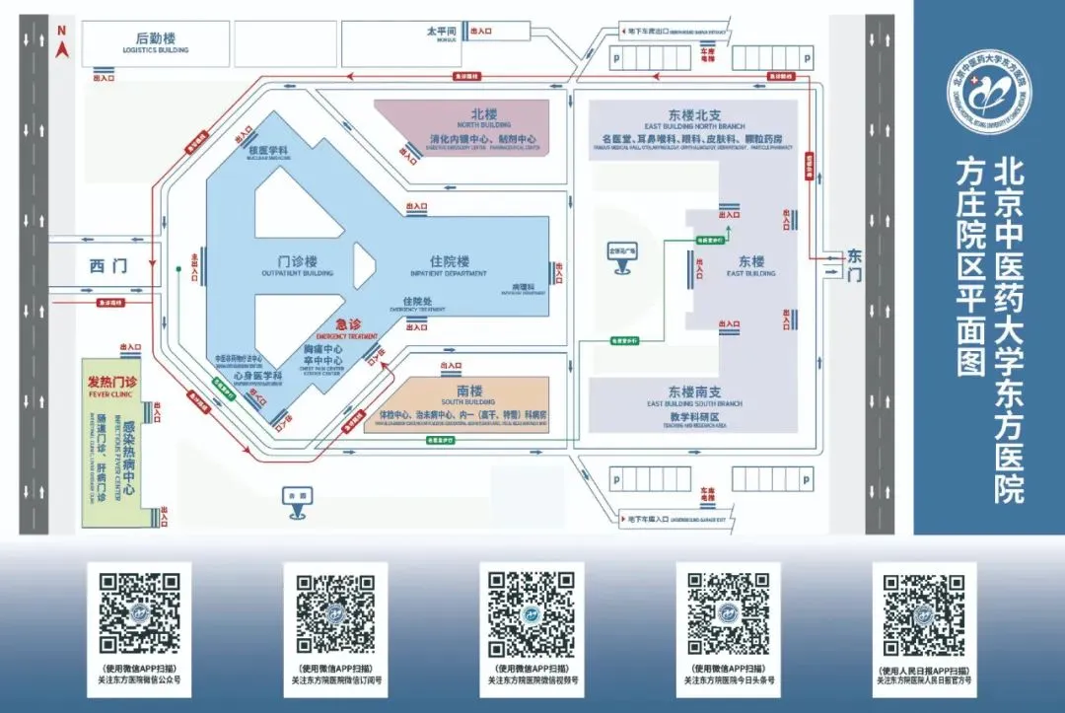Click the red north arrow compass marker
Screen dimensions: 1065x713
pyautogui.click(x=61, y=44)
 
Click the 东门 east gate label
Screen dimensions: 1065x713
pyautogui.click(x=854, y=263)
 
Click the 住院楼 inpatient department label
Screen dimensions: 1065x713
pyautogui.click(x=449, y=262)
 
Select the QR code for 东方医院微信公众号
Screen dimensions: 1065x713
pyautogui.click(x=139, y=614)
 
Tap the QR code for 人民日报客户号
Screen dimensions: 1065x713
pyautogui.click(x=924, y=614)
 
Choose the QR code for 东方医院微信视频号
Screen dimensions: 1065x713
pyautogui.click(x=532, y=614)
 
